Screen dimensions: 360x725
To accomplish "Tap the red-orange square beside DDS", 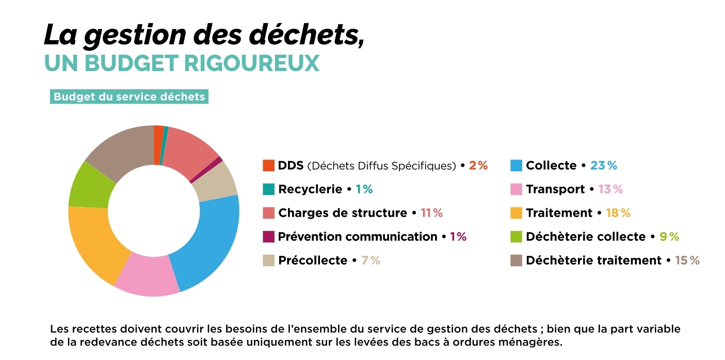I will click(268, 166).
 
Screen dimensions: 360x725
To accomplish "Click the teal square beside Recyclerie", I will click(268, 189).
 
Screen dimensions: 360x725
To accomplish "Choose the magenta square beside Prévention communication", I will click(268, 237).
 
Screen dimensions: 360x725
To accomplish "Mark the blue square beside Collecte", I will click(516, 166).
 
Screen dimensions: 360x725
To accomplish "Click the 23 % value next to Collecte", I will click(604, 166).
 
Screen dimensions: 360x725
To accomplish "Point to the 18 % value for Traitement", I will click(618, 213).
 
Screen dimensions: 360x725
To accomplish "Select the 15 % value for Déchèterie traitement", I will click(687, 260).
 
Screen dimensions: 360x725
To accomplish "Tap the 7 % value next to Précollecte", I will click(370, 260).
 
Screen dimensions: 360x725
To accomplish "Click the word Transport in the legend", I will click(555, 189).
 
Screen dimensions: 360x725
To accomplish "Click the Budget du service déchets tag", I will click(129, 97).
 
